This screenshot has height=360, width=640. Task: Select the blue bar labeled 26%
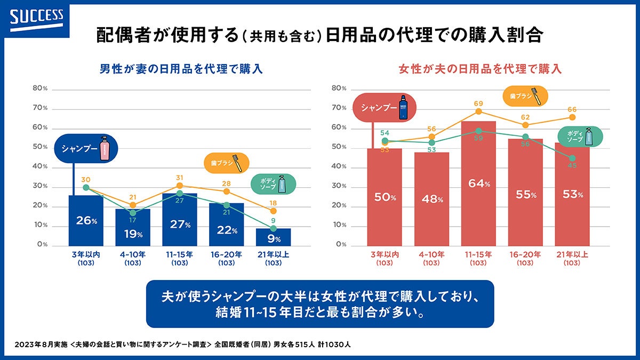click(86, 220)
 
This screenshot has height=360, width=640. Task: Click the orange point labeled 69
click(478, 111)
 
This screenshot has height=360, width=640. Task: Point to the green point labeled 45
click(572, 158)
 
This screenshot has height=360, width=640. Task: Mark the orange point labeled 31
click(180, 186)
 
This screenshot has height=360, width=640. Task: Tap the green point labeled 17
click(133, 213)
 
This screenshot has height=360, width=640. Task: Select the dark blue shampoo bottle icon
click(404, 107)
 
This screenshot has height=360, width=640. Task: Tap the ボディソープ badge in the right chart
click(579, 137)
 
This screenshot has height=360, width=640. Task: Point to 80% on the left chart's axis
click(41, 89)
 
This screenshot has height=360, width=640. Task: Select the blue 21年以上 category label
click(274, 254)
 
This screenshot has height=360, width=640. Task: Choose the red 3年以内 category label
click(385, 254)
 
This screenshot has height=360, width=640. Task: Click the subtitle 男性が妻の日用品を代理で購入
click(181, 69)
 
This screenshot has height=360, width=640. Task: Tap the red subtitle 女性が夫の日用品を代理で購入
click(481, 69)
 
